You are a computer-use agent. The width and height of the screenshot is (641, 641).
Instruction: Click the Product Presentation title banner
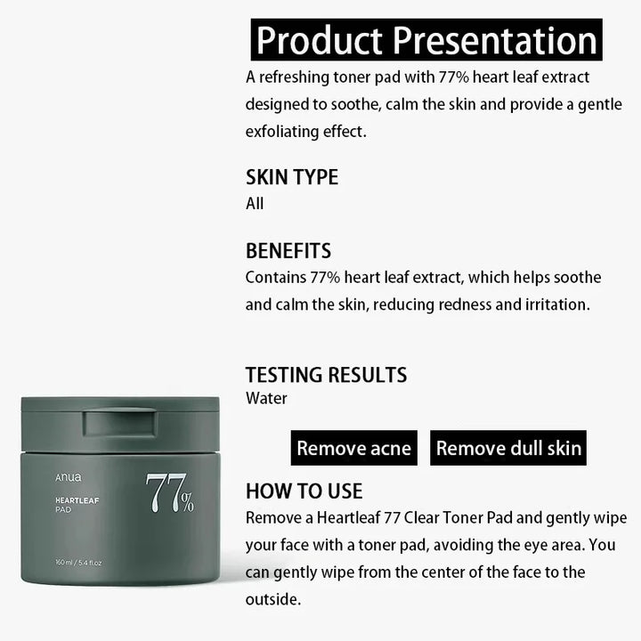[426, 40]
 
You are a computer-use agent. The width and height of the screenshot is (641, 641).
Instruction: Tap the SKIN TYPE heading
[292, 177]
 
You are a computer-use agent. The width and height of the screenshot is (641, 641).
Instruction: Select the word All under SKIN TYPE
[255, 204]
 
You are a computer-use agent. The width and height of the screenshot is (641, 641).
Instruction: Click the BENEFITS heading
[288, 251]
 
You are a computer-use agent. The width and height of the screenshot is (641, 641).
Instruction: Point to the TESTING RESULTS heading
[326, 375]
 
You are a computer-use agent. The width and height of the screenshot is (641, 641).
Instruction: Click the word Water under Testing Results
[266, 398]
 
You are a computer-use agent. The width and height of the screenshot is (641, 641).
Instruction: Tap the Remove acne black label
[354, 448]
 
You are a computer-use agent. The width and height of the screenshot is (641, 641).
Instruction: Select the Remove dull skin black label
[508, 448]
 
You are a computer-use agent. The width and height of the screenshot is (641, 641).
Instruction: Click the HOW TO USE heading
[304, 491]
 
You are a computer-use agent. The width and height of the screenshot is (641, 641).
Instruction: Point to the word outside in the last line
[272, 600]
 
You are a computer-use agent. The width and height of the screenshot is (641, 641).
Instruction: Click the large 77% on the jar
[170, 492]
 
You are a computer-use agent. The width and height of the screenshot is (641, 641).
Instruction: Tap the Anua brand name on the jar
[69, 477]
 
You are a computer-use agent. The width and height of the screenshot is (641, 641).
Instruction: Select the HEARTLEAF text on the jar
[77, 500]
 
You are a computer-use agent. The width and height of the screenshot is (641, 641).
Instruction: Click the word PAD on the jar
[63, 510]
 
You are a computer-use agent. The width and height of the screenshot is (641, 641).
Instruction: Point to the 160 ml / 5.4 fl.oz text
[78, 563]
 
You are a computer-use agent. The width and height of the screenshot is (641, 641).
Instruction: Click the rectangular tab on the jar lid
[120, 422]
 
